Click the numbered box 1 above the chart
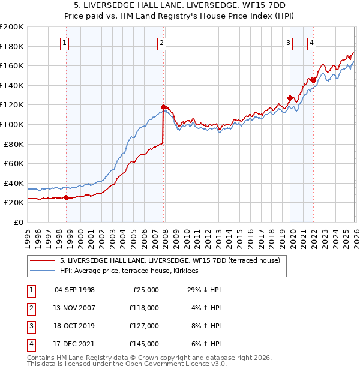[64, 42]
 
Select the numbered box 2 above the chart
[162, 42]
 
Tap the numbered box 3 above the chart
[289, 42]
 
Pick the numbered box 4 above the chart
[312, 42]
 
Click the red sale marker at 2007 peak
[163, 107]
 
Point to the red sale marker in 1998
[66, 197]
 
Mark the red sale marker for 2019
[290, 98]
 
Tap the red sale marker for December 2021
[313, 80]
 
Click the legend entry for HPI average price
[133, 271]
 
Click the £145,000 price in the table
[144, 344]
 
